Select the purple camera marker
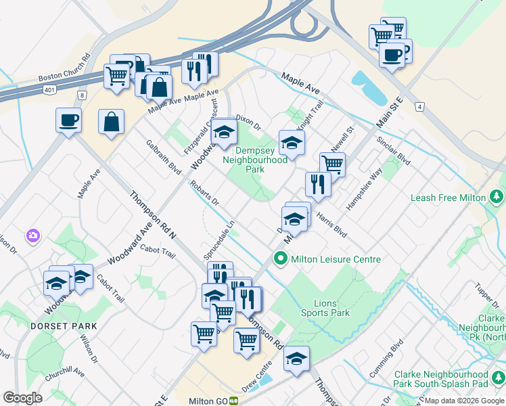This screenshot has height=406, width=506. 32,235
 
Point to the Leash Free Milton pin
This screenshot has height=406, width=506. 497,197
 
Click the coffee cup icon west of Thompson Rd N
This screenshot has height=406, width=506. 68,120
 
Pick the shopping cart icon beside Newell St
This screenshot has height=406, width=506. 331,163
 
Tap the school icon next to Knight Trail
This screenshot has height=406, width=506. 292,142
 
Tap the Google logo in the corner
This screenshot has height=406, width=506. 22,398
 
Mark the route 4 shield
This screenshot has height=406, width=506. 420,107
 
